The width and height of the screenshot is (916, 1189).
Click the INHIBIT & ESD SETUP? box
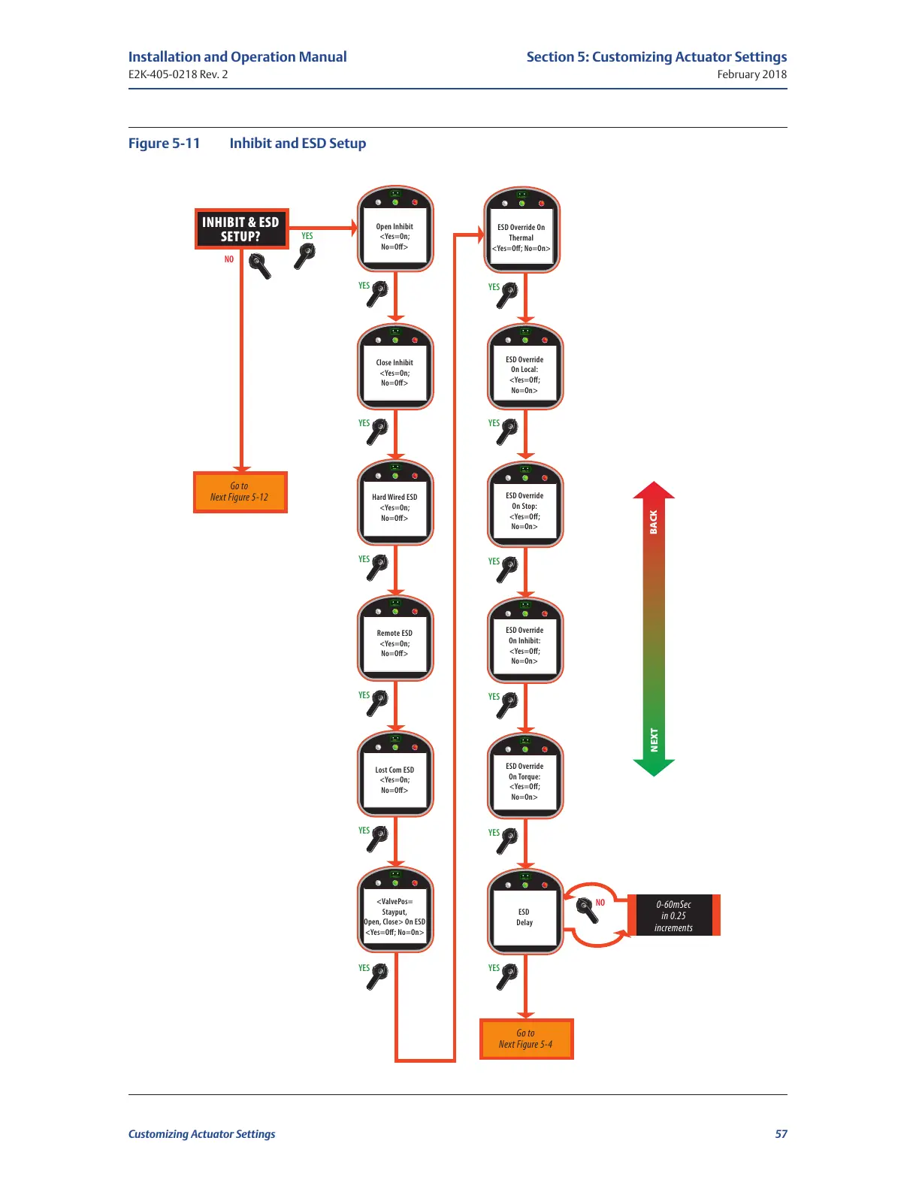(x=240, y=229)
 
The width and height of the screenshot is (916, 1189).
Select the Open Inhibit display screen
(x=395, y=237)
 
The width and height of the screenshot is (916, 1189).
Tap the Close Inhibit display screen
(x=395, y=373)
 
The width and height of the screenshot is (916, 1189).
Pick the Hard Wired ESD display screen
(x=395, y=508)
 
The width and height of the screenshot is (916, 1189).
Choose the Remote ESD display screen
(x=395, y=643)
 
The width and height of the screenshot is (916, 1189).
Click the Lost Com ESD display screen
(x=395, y=780)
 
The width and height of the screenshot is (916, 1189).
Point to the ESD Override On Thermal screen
(x=521, y=237)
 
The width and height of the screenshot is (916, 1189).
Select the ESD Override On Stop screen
(x=525, y=511)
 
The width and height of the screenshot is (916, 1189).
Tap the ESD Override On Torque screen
(x=525, y=782)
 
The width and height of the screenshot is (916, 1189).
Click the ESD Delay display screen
(x=525, y=917)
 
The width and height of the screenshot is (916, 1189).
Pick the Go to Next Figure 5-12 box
(x=240, y=492)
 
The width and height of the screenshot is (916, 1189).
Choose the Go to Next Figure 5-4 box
(x=526, y=1039)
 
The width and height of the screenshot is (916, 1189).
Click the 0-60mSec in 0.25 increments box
(x=673, y=915)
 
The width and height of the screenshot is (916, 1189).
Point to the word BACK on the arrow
(x=654, y=522)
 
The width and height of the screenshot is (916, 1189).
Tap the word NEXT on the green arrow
(x=654, y=740)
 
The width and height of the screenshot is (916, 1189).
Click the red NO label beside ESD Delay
(x=600, y=903)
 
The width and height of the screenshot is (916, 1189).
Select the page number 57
(x=781, y=1134)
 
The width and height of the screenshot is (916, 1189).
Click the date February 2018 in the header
(x=751, y=74)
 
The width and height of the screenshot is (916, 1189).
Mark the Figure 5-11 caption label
(x=165, y=144)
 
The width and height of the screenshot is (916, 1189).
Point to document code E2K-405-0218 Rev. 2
(x=178, y=74)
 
